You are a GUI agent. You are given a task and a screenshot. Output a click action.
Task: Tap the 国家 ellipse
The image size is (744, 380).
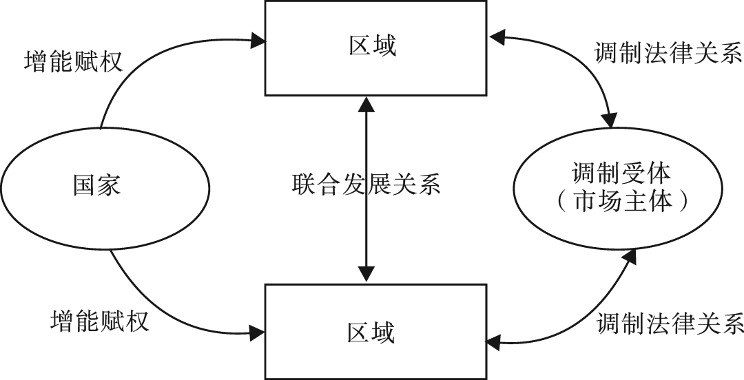point(103,184)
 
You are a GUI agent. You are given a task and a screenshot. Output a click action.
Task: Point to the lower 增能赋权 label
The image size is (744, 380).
point(99,320)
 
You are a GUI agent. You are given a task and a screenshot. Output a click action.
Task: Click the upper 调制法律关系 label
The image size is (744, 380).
point(668,54)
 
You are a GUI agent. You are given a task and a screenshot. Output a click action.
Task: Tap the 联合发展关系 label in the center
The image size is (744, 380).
point(366,184)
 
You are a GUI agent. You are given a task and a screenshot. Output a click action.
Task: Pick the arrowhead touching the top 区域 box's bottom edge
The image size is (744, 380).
point(367,103)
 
